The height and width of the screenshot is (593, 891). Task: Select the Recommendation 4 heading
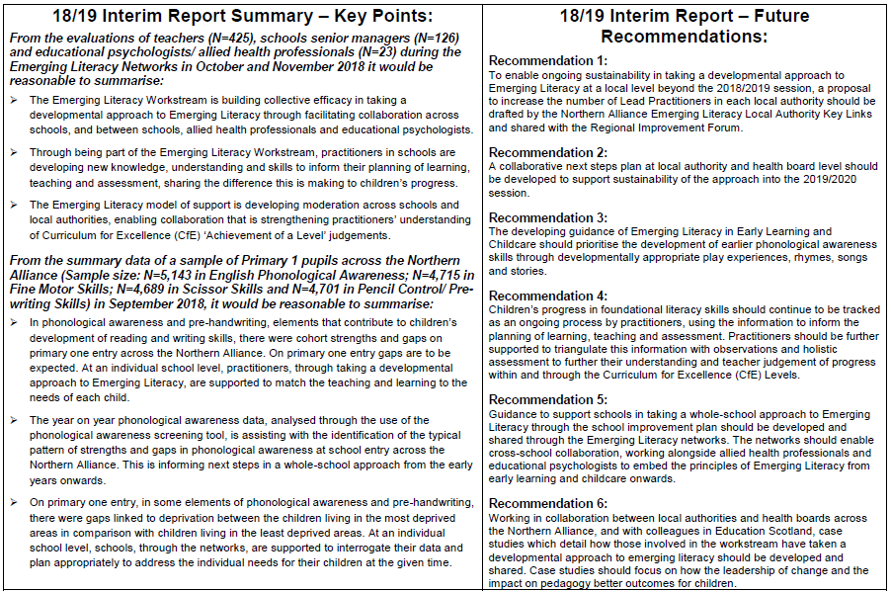click(x=547, y=296)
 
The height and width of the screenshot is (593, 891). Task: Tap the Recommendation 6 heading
click(x=547, y=503)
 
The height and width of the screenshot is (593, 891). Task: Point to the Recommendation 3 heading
click(x=547, y=217)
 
